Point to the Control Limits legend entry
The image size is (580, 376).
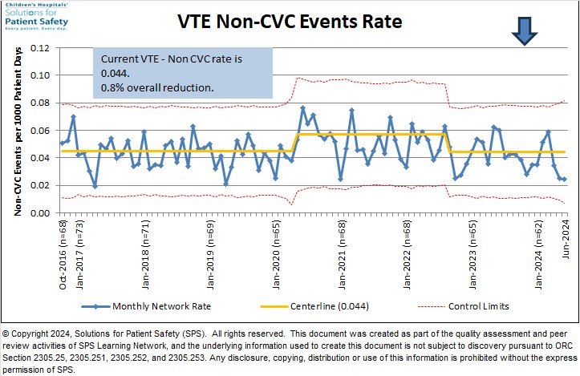point(473,306)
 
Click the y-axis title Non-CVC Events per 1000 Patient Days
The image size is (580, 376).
point(17,131)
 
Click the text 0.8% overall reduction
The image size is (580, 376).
point(157,87)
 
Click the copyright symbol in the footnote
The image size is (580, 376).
point(7,333)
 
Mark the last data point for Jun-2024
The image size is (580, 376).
point(564,180)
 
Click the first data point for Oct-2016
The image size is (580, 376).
point(63,144)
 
